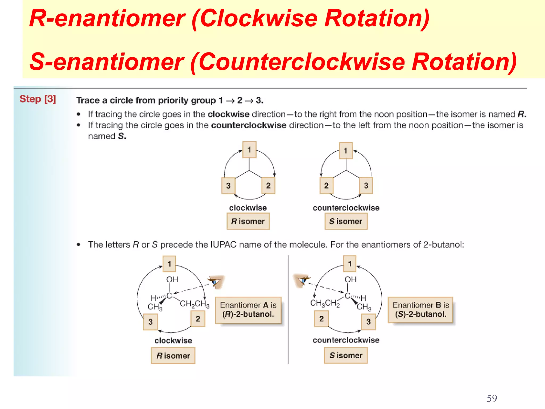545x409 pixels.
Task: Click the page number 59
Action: [492, 398]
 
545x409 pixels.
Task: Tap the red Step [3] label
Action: [38, 99]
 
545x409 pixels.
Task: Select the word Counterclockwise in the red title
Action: [301, 62]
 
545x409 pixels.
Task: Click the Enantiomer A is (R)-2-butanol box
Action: [248, 310]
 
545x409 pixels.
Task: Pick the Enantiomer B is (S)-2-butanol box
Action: [420, 310]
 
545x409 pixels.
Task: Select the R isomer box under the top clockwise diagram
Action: [248, 221]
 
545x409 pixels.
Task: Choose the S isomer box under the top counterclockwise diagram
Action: [346, 221]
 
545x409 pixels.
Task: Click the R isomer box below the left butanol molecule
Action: [173, 356]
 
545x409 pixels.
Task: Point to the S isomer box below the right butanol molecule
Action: [346, 355]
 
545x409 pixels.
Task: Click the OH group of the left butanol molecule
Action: [172, 280]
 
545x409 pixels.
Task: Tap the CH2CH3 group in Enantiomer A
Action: [195, 304]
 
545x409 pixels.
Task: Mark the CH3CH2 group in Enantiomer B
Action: [325, 303]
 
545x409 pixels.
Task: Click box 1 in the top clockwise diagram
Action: [249, 150]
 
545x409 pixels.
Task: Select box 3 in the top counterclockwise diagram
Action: [366, 186]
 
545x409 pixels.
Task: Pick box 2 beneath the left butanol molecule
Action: [198, 319]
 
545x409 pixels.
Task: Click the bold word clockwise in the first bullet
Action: [228, 114]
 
